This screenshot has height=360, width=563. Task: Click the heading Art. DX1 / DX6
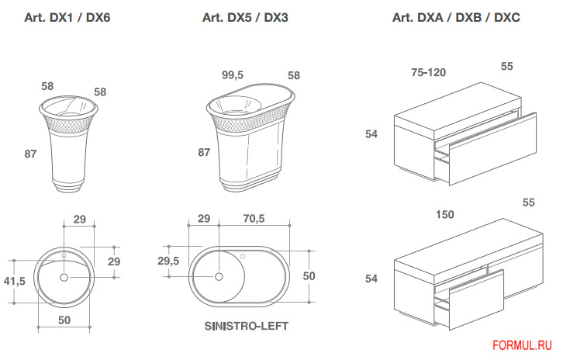[x=67, y=18]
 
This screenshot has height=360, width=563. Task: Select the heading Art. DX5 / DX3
[x=245, y=18]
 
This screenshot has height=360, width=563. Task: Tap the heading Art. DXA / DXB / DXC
[x=456, y=18]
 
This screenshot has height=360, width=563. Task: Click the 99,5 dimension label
[x=233, y=75]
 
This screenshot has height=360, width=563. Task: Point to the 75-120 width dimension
[x=428, y=73]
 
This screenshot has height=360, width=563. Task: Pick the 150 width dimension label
[x=445, y=214]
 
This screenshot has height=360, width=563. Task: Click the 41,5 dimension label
[x=15, y=281]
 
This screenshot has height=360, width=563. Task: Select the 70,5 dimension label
[x=254, y=219]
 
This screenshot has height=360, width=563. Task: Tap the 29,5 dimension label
[x=168, y=261]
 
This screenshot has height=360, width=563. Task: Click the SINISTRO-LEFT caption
[x=247, y=326]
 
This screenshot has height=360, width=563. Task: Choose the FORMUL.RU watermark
[x=522, y=345]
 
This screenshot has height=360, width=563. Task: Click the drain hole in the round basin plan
[x=64, y=277]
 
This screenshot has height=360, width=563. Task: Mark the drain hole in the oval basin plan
[x=219, y=277]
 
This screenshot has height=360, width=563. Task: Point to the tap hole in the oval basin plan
[x=243, y=256]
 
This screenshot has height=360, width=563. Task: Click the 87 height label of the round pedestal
[x=30, y=154]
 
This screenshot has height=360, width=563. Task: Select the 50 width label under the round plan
[x=64, y=320]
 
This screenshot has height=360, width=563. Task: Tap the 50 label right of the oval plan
[x=309, y=276]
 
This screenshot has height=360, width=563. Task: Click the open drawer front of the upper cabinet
[x=492, y=149]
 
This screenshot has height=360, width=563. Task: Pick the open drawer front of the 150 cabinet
[x=476, y=299]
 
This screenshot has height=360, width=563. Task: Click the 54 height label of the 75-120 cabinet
[x=371, y=134]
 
